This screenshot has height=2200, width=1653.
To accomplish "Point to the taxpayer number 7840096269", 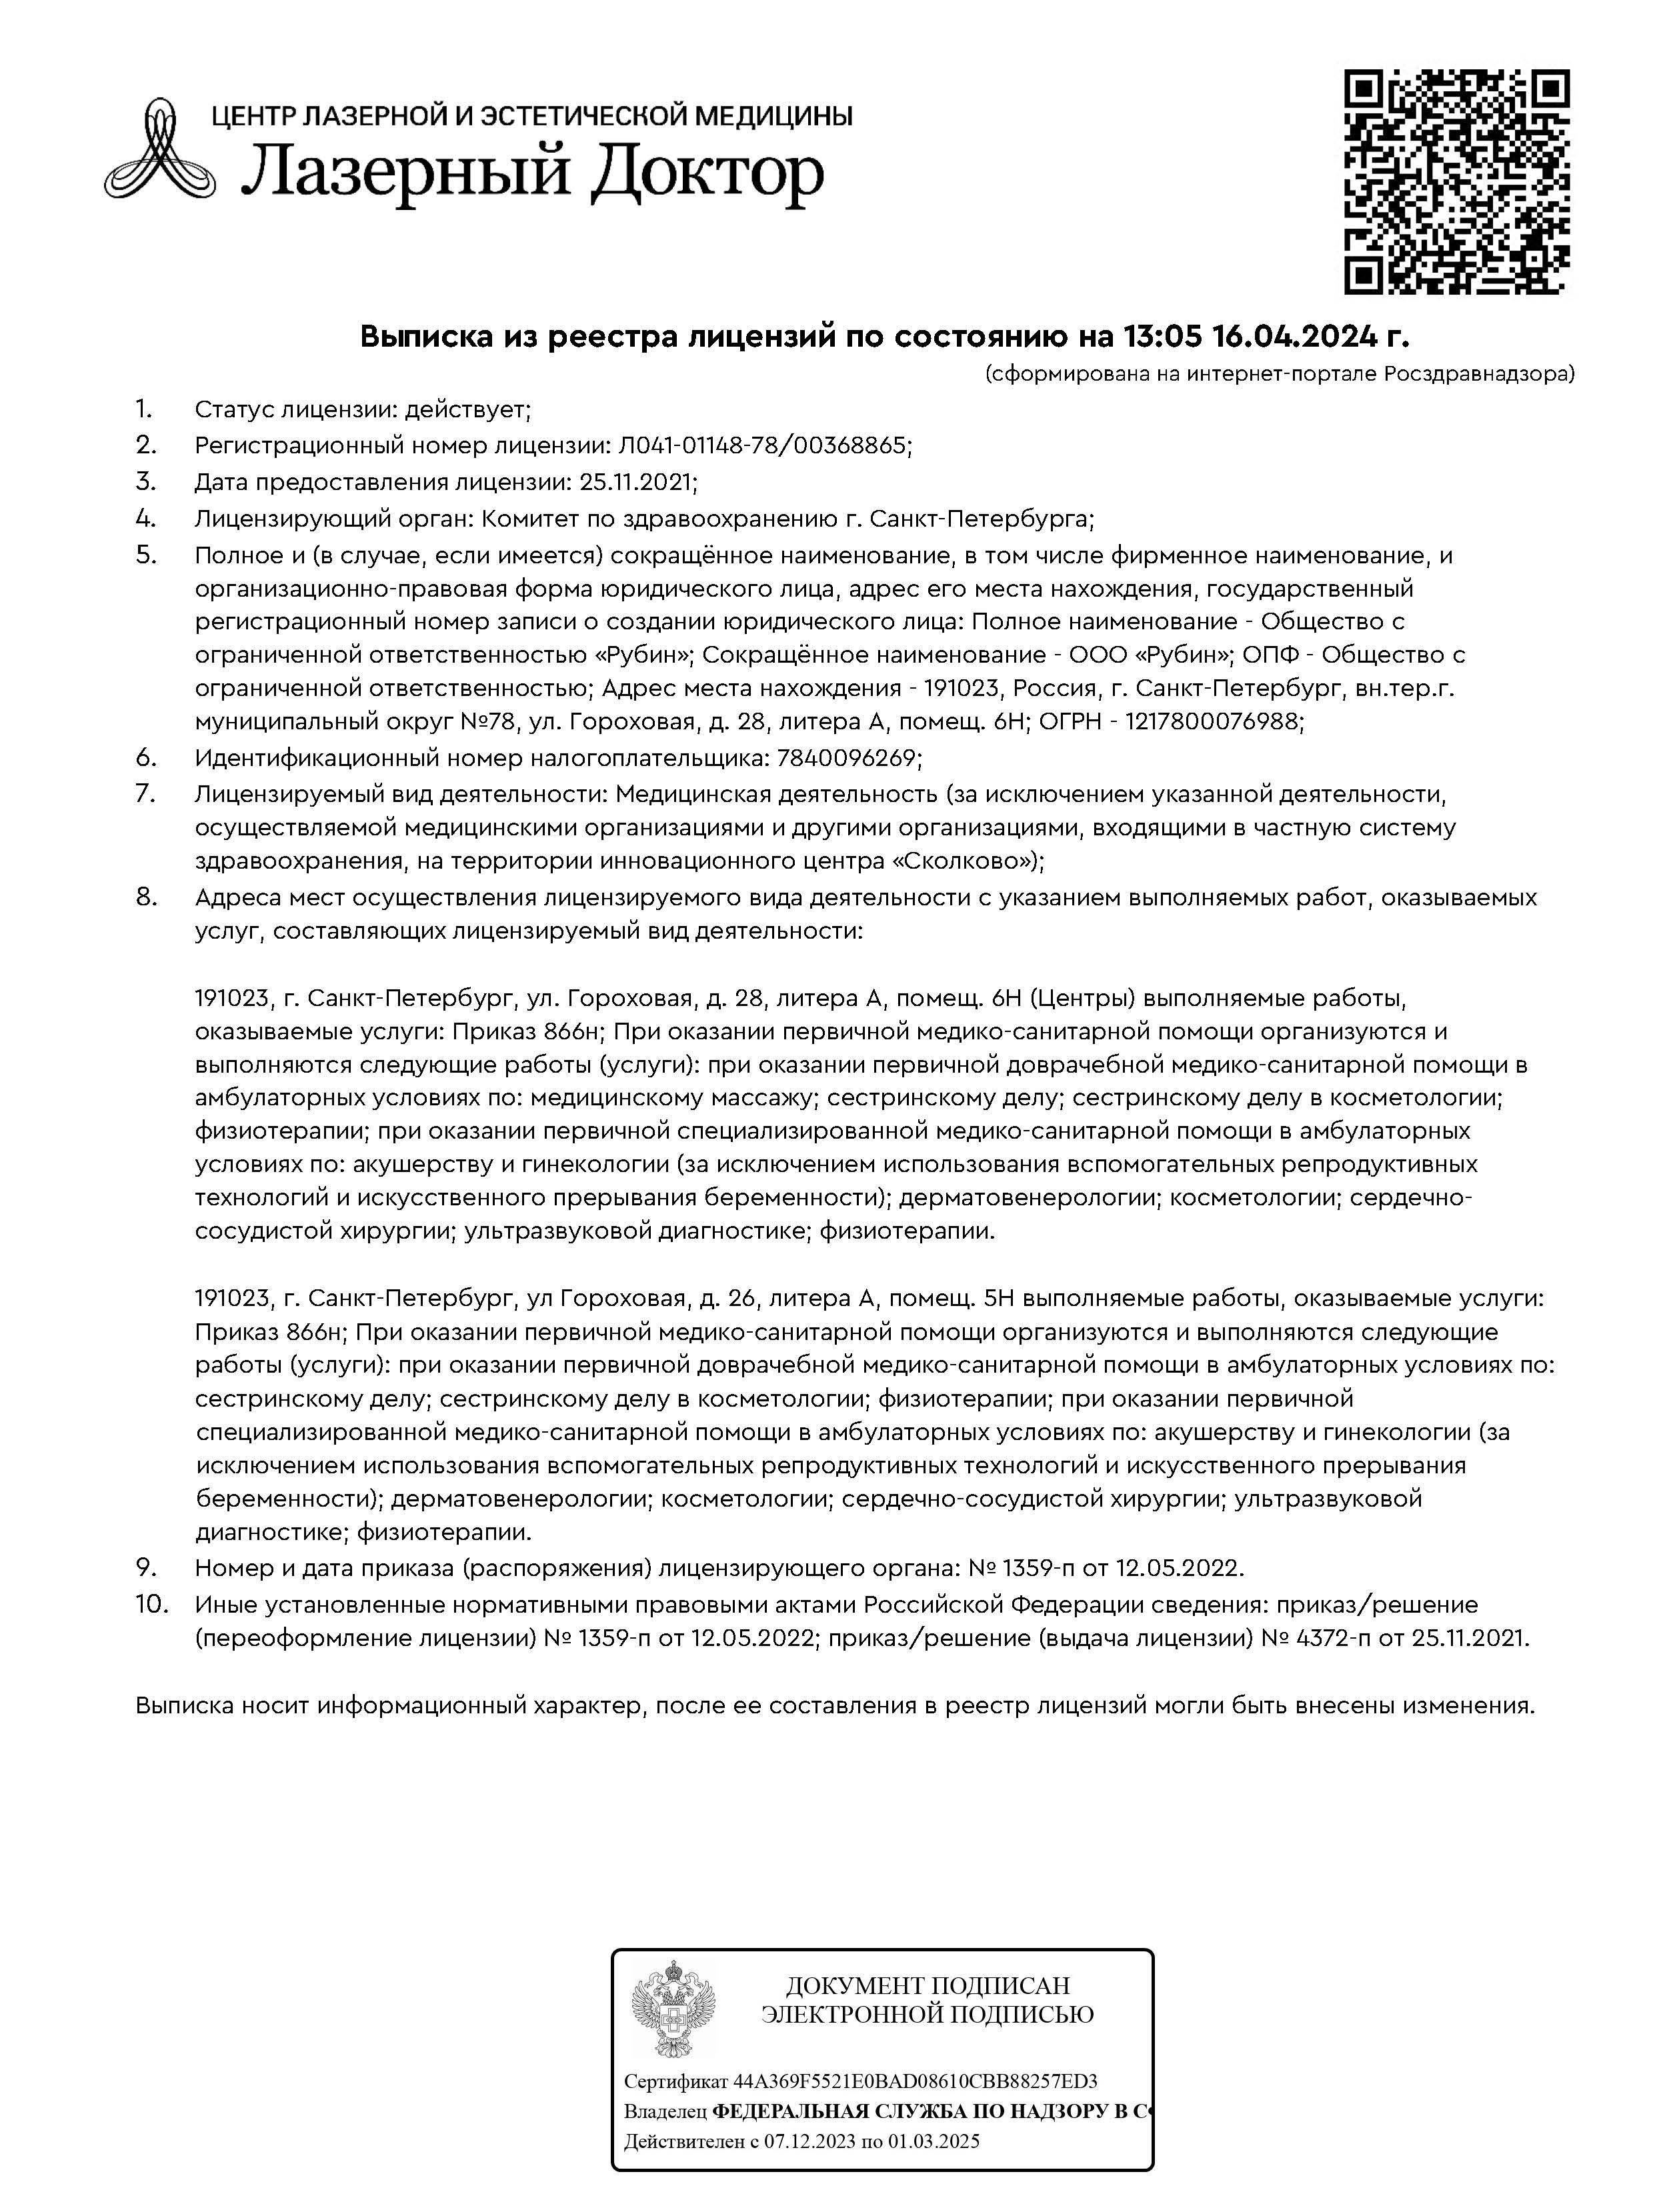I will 844,758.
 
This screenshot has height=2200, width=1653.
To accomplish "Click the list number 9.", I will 146,1567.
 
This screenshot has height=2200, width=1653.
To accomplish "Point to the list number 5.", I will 146,554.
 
